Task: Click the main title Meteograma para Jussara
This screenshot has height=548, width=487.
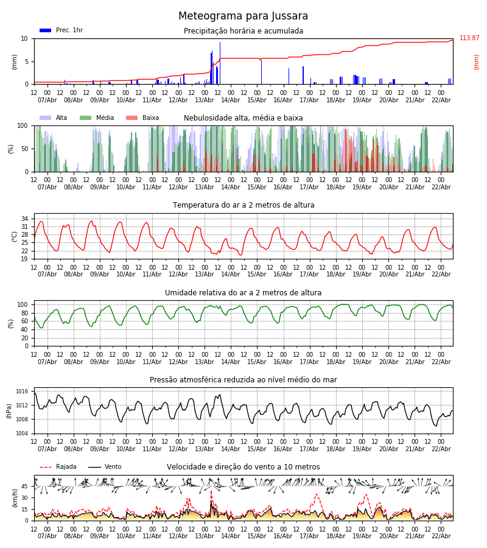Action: pos(243,16)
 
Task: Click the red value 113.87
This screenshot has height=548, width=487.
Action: pos(469,38)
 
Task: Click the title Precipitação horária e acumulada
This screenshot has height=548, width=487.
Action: pos(243,31)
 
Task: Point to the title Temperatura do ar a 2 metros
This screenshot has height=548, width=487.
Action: pos(243,205)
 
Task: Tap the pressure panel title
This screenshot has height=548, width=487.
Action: pos(243,380)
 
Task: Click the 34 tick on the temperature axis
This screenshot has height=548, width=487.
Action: pos(25,219)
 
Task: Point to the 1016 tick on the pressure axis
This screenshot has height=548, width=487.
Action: pos(23,392)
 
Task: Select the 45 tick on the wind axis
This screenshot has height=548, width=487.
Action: pos(25,487)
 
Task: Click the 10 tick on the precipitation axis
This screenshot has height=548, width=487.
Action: pos(25,38)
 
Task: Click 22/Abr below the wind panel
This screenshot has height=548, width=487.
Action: pos(441,536)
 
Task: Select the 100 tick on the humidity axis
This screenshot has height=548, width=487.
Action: pos(23,304)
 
